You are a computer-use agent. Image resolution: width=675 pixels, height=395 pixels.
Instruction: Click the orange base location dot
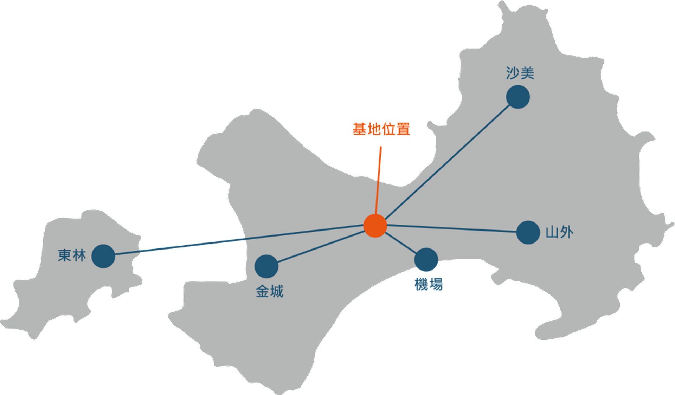(375, 226)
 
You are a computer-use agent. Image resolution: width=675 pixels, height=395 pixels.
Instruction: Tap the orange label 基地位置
(381, 129)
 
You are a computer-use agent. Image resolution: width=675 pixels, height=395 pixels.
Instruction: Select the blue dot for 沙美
(518, 97)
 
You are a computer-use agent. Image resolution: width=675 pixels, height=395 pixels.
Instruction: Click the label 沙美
(520, 73)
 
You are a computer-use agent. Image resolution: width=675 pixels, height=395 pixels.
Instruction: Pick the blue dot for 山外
(528, 232)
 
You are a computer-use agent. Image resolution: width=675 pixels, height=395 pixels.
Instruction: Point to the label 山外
(559, 232)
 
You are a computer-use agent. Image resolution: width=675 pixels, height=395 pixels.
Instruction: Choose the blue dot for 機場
(426, 260)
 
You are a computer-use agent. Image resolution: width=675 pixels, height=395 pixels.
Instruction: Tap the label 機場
(429, 284)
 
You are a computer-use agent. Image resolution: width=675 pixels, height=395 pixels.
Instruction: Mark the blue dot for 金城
(266, 266)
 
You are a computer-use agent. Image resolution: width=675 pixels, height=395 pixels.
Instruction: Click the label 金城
(270, 292)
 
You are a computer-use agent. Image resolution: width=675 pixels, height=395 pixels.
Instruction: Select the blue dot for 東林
(103, 256)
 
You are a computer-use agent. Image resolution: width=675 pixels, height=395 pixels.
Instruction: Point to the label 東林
(72, 255)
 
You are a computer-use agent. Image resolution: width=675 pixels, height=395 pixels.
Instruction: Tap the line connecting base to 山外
(452, 228)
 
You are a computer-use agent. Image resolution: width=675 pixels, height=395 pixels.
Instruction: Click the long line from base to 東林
(239, 240)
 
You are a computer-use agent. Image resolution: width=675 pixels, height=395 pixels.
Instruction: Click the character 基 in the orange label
(360, 129)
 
